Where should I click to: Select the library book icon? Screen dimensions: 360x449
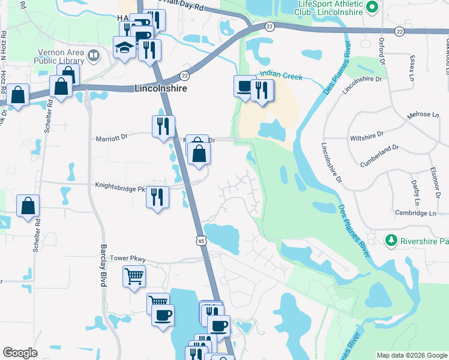pyautogui.click(x=93, y=56)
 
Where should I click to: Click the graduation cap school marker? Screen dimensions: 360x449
pyautogui.click(x=124, y=48)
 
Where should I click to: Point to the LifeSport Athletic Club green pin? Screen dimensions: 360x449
pyautogui.click(x=372, y=7)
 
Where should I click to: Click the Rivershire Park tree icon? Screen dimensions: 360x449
pyautogui.click(x=391, y=240)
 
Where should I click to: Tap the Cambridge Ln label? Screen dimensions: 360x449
pyautogui.click(x=415, y=213)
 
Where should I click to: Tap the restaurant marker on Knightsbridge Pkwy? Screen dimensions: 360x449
pyautogui.click(x=156, y=196)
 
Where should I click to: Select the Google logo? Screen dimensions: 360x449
pyautogui.click(x=20, y=353)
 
